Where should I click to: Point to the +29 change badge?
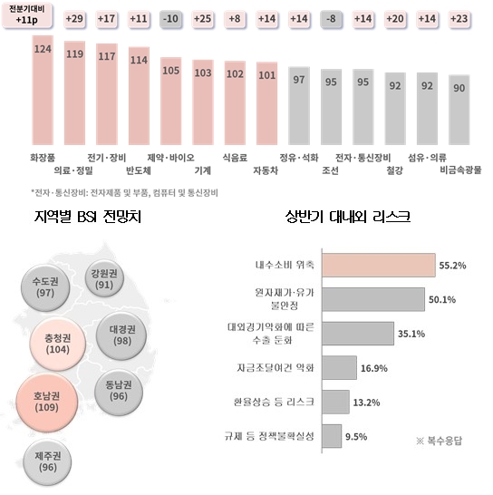coord(74,19)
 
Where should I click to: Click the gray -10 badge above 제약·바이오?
coord(169,19)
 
